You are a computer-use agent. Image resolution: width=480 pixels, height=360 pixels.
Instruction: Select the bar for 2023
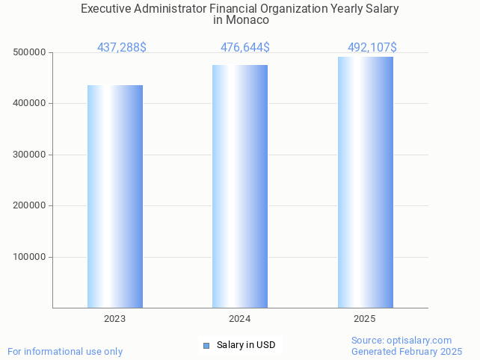115,196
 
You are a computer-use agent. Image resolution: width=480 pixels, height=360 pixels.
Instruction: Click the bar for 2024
240,187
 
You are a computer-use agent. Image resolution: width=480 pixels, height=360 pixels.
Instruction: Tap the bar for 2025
365,182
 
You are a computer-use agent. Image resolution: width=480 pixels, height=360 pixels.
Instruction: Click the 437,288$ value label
122,48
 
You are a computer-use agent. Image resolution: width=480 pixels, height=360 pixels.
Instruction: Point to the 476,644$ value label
245,48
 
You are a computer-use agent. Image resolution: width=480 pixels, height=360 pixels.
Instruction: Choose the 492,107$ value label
372,48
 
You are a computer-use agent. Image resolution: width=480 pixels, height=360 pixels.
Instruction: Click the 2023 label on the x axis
115,319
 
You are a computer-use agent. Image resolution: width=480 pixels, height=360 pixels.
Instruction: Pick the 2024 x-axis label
240,319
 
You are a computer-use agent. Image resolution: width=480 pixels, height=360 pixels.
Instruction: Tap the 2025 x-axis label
365,319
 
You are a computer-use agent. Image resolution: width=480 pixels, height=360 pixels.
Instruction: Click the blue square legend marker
206,345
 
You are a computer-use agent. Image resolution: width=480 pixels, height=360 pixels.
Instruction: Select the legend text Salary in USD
246,345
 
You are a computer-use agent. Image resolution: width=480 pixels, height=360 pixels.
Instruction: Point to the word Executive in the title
106,9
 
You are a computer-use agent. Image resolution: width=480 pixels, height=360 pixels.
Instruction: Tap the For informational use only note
65,351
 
